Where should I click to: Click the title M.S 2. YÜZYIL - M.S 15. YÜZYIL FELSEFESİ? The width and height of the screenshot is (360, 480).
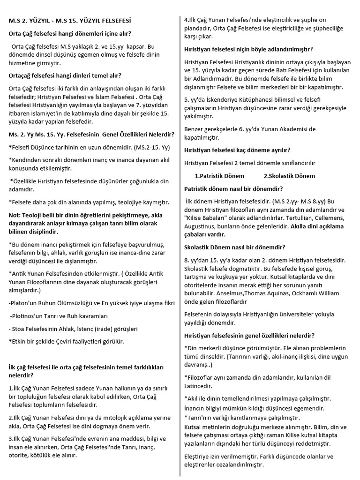[x=70, y=21]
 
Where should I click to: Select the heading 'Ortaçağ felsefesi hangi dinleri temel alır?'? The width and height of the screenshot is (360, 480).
[x=65, y=75]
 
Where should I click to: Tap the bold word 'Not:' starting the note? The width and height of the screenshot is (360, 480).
[x=16, y=215]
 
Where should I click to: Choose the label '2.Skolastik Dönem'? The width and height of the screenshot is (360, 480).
[x=289, y=176]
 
